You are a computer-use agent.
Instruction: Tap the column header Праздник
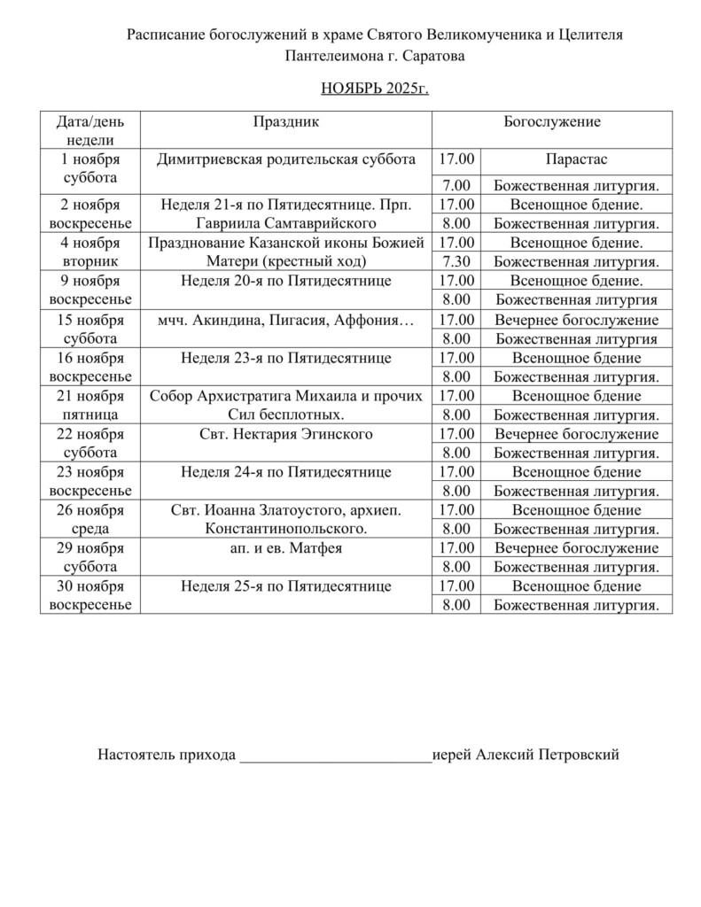point(285,121)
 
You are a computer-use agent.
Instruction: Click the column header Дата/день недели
point(90,130)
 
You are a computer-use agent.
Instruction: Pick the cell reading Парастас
point(576,159)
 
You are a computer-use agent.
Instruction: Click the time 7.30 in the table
point(456,261)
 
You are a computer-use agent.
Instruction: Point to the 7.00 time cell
point(456,185)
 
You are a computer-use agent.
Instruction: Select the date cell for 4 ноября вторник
point(90,252)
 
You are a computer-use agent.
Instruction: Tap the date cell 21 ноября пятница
point(90,404)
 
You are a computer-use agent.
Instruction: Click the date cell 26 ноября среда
point(90,519)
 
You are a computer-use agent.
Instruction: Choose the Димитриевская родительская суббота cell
point(285,159)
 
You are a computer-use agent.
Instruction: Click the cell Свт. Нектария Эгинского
point(285,434)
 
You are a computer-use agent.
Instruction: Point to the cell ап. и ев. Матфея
point(285,548)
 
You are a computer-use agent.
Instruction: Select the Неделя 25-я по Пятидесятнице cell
point(285,586)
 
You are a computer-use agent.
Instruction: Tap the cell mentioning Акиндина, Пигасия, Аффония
point(285,320)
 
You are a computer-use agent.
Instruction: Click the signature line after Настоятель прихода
point(335,756)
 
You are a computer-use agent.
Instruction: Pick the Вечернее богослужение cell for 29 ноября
point(576,548)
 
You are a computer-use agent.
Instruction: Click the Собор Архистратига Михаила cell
point(285,404)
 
